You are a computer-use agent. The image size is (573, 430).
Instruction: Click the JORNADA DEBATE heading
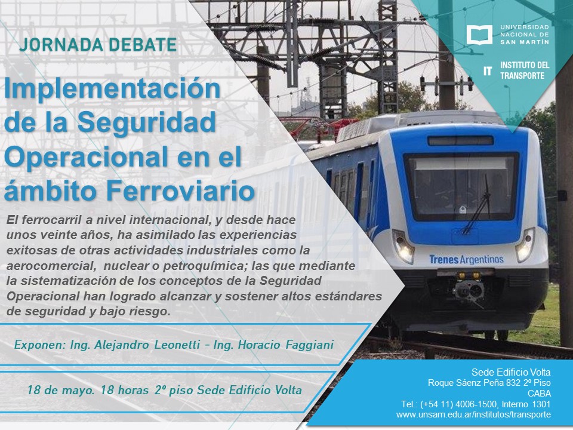pos(98,45)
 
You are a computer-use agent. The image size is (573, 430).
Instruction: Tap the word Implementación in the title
pos(112,90)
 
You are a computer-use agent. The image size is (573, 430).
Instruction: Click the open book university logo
pos(479,35)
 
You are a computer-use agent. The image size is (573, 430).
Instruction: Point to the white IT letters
pos(488,71)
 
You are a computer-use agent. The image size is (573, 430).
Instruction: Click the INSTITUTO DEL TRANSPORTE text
pos(525,70)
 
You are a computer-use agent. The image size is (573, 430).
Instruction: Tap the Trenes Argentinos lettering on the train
pos(466,259)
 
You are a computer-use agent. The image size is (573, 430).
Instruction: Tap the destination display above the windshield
pos(460,140)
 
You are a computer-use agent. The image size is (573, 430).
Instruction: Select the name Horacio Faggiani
pos(286,345)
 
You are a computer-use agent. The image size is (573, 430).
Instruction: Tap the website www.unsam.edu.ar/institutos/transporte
pos(473,414)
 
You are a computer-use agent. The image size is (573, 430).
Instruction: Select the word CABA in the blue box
pos(539,394)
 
